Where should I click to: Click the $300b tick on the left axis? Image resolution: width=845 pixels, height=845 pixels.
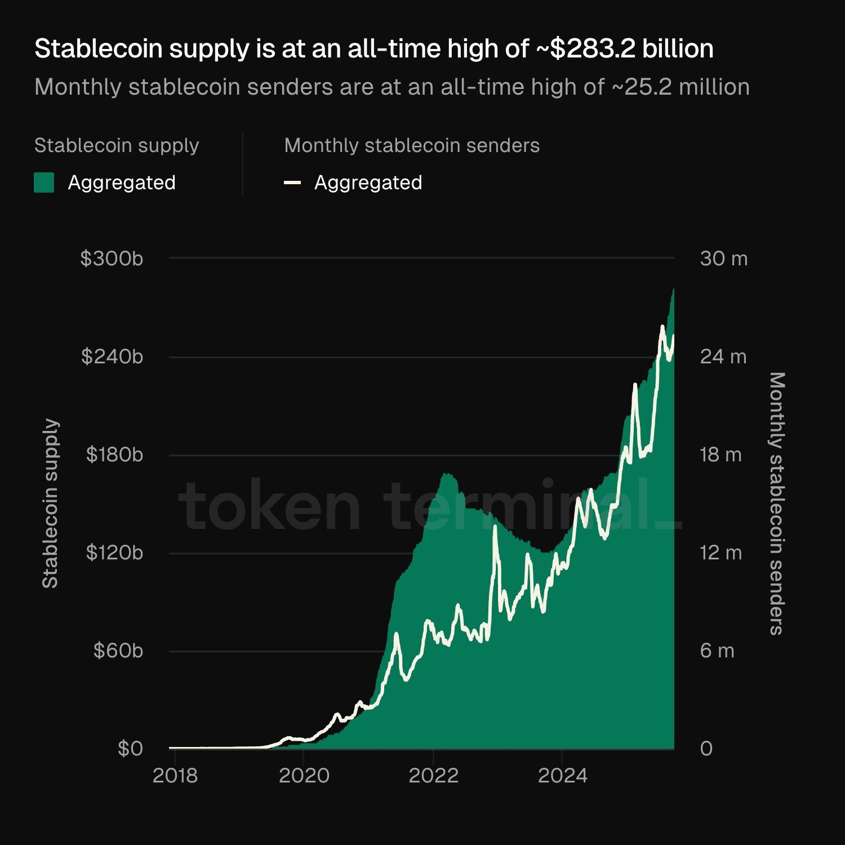coord(112,259)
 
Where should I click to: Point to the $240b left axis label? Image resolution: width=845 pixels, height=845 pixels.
coord(112,357)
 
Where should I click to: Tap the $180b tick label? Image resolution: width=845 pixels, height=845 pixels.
coord(114,455)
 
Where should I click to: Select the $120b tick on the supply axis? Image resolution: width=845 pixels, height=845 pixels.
coord(114,553)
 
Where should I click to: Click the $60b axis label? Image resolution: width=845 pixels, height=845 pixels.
coord(118,651)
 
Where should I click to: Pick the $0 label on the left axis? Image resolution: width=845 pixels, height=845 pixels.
coord(130,749)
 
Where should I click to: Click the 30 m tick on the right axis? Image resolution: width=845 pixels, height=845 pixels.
coord(723,259)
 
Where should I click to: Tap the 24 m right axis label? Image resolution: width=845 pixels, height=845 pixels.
coord(723,357)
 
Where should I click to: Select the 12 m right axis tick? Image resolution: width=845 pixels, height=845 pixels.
coord(721,553)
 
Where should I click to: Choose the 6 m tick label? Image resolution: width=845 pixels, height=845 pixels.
coord(717,651)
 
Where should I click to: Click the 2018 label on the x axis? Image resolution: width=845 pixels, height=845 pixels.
coord(175,776)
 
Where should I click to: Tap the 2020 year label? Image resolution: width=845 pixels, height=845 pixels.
coord(304,776)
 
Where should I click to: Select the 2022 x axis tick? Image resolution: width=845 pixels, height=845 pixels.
coord(433,776)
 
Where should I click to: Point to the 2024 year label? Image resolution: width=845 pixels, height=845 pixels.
coord(562,776)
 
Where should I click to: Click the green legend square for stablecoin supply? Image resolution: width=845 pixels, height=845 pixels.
coord(44,183)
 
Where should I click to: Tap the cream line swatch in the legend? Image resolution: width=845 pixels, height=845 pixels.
coord(292,183)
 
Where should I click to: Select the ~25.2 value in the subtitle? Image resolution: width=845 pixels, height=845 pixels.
coord(639,87)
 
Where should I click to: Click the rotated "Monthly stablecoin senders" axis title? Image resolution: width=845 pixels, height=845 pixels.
coord(776,503)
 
